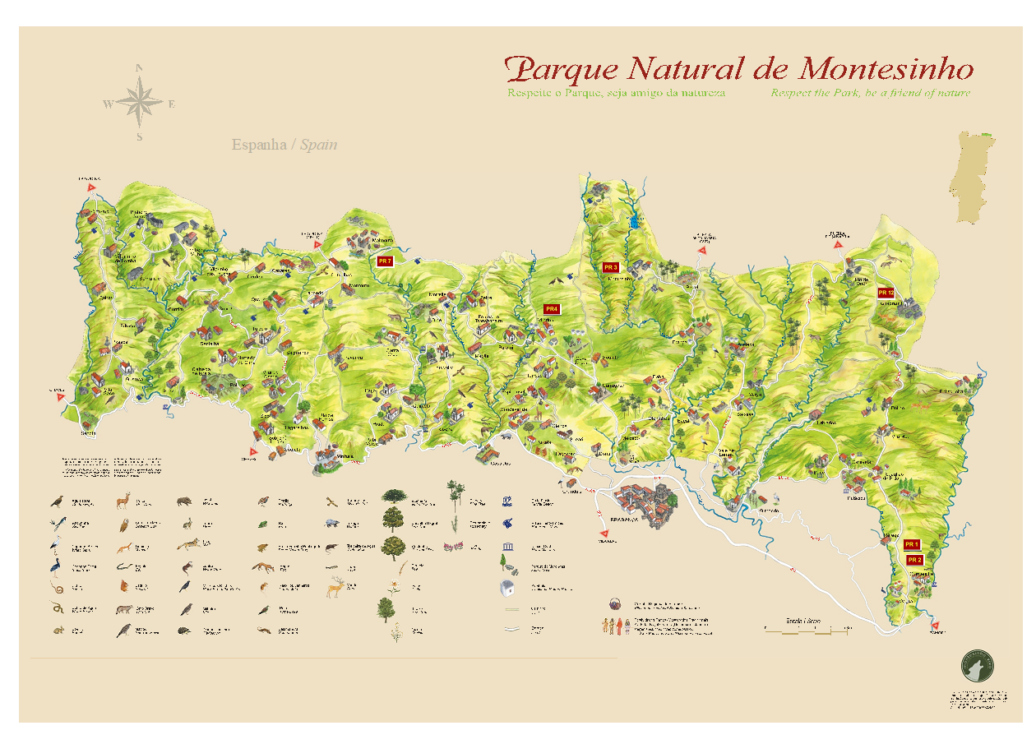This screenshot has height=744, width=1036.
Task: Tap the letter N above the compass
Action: click(x=140, y=68)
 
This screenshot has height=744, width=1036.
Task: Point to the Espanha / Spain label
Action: click(x=284, y=145)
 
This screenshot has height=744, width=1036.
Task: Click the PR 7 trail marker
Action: click(x=385, y=261)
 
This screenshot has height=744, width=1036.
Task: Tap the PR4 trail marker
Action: click(x=551, y=309)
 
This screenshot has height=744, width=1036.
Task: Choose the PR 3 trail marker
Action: click(x=610, y=267)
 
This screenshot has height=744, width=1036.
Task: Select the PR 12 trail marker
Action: click(x=886, y=293)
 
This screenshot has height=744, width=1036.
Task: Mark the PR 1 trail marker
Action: click(x=911, y=544)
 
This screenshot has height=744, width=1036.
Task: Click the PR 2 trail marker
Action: click(x=915, y=559)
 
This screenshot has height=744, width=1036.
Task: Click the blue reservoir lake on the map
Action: click(x=634, y=220)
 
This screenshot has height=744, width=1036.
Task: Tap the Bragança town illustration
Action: click(x=647, y=506)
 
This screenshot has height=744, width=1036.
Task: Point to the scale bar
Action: click(x=806, y=631)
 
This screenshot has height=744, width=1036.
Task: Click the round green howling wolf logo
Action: click(x=977, y=666)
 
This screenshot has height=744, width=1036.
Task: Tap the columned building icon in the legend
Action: click(x=507, y=547)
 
